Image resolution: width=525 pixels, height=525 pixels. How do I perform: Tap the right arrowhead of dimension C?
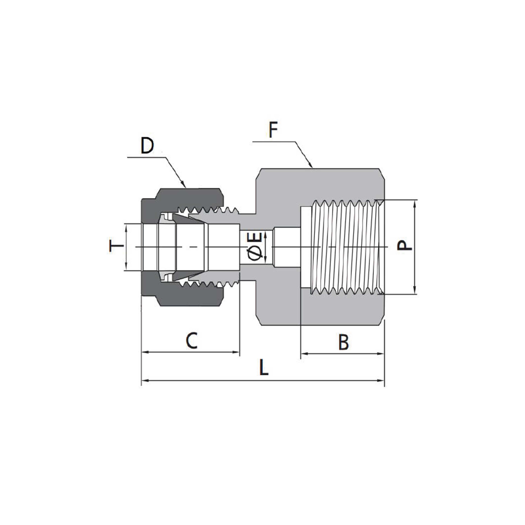pyautogui.click(x=236, y=352)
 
